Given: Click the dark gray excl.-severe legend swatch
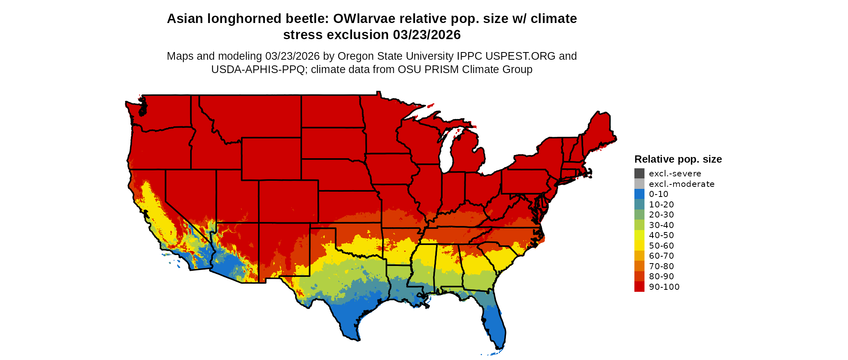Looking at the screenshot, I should pos(639,174).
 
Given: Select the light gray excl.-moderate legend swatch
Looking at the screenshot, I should pos(639,184).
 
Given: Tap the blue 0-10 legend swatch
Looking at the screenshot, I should pos(639,194).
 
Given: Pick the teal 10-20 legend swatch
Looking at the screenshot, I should pos(639,205).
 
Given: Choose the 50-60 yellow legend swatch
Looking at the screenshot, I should pos(639,246).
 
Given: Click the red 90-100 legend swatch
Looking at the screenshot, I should pos(639,287).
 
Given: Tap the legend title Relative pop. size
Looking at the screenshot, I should pos(678,159).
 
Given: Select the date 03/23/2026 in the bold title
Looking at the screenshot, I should pos(427,35).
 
